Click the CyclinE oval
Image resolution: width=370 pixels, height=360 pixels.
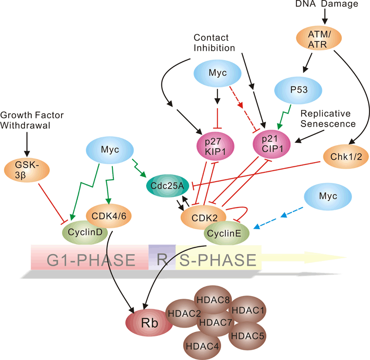[227, 234]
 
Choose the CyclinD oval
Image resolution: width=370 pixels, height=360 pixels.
[84, 230]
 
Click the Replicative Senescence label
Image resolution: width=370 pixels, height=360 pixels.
[327, 119]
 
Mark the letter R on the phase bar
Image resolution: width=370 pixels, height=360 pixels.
[162, 259]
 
